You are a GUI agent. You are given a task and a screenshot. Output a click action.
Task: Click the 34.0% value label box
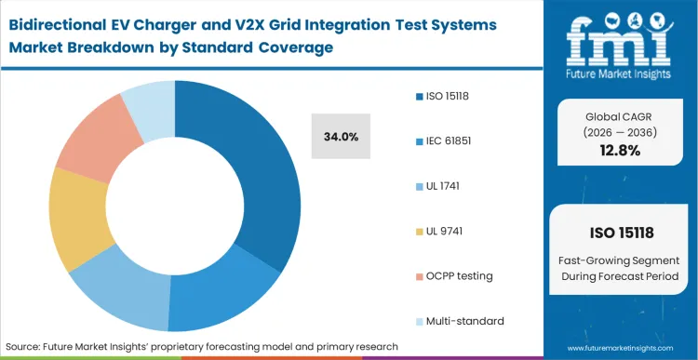click(340, 137)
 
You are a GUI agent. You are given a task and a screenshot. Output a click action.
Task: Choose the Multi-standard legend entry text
click(465, 320)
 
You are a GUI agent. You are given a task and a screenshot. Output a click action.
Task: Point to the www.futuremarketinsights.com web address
click(622, 347)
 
